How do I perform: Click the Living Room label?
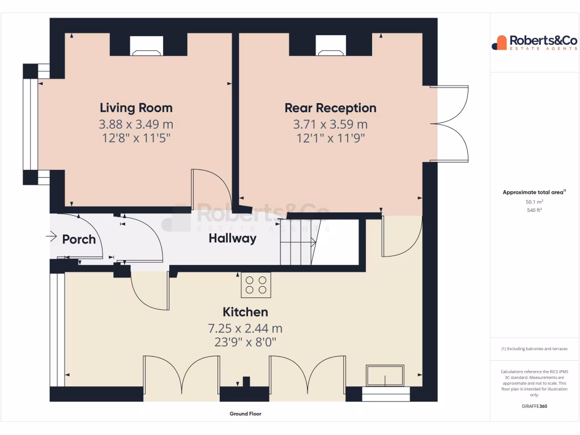pyautogui.click(x=136, y=108)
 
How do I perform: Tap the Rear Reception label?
pyautogui.click(x=330, y=108)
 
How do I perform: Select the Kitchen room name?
pyautogui.click(x=245, y=312)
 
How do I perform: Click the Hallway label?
pyautogui.click(x=232, y=238)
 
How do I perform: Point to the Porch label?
pyautogui.click(x=79, y=239)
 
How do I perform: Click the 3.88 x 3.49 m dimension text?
pyautogui.click(x=136, y=124)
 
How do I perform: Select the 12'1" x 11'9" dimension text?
pyautogui.click(x=330, y=138)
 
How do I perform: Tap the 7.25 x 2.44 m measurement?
pyautogui.click(x=245, y=329)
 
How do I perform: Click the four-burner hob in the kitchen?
pyautogui.click(x=256, y=284)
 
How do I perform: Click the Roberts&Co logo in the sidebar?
pyautogui.click(x=534, y=42)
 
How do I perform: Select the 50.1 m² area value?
pyautogui.click(x=535, y=202)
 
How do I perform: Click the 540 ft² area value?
pyautogui.click(x=535, y=210)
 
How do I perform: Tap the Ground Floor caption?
pyautogui.click(x=245, y=414)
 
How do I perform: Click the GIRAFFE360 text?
pyautogui.click(x=535, y=406)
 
